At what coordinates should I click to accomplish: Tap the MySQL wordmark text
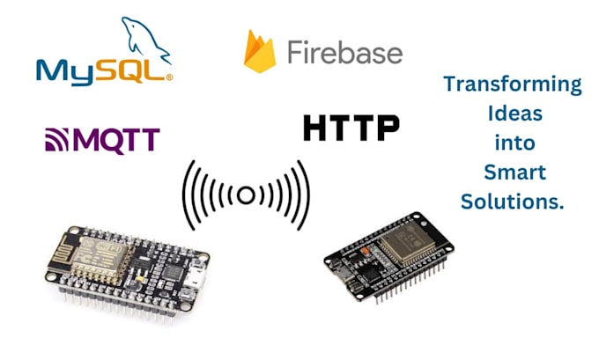[101, 69]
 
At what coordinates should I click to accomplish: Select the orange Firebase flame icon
[260, 52]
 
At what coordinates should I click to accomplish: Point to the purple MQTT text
[115, 140]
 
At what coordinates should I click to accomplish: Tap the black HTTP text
[351, 128]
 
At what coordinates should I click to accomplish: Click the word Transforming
[512, 84]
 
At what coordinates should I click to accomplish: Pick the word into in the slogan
[512, 143]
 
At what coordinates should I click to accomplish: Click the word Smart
[512, 172]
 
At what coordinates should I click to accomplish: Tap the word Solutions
[512, 201]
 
